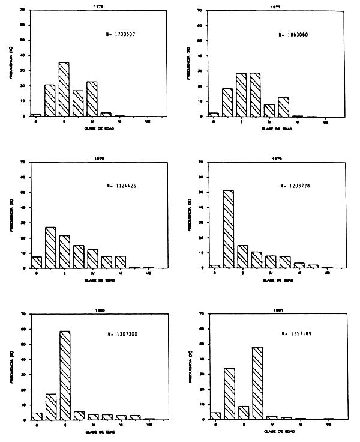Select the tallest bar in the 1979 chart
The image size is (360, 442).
(x=228, y=229)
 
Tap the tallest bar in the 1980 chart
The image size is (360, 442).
(x=64, y=375)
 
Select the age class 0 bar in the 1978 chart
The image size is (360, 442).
(x=37, y=262)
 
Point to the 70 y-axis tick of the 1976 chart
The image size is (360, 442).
(x=23, y=10)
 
